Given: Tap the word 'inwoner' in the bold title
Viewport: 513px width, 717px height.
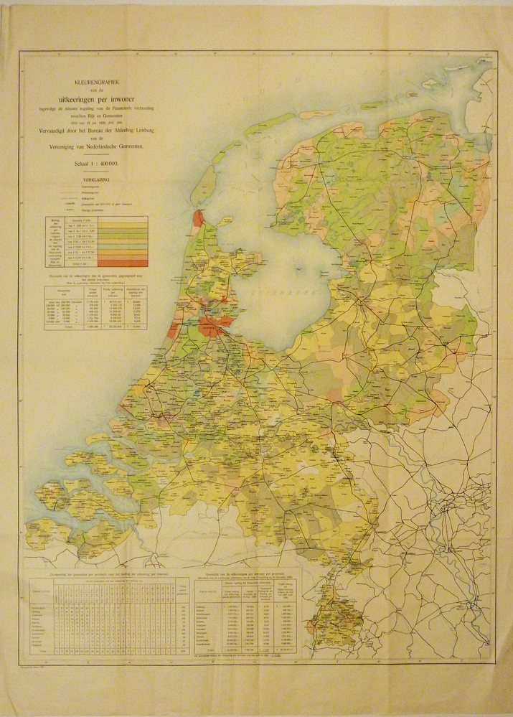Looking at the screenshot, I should point(127,100).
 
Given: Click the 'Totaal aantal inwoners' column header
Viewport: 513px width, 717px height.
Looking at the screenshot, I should point(92,293).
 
